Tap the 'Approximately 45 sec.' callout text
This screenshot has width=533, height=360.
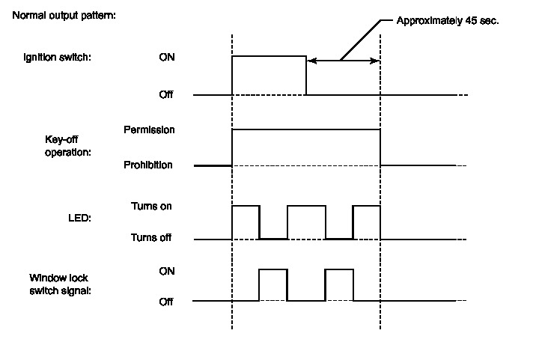point(448,21)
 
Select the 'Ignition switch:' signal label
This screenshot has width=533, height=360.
point(58,57)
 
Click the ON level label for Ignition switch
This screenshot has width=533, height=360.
point(167,57)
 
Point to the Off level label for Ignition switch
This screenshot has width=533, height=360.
point(167,95)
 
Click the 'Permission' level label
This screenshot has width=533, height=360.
point(149,129)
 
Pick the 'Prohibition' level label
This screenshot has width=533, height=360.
point(148,165)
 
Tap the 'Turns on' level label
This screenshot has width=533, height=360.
point(151,205)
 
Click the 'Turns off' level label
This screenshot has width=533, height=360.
point(151,239)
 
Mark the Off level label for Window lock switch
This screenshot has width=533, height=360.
point(167,302)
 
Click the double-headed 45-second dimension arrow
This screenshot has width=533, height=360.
point(343,61)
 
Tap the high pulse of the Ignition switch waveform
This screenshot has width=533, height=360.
point(269,75)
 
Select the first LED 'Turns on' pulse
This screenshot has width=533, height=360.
point(246,222)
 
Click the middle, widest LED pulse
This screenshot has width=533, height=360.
point(306,222)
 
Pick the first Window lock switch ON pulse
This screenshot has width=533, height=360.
point(273,285)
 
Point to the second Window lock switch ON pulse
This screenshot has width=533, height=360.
point(339,285)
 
